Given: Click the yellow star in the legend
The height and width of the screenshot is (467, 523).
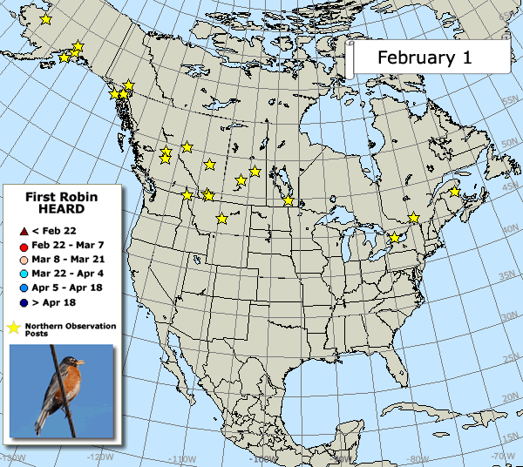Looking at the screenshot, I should [15, 328].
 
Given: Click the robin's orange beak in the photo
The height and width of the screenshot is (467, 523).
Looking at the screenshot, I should [81, 362].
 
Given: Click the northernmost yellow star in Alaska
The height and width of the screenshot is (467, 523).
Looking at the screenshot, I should [45, 19].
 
